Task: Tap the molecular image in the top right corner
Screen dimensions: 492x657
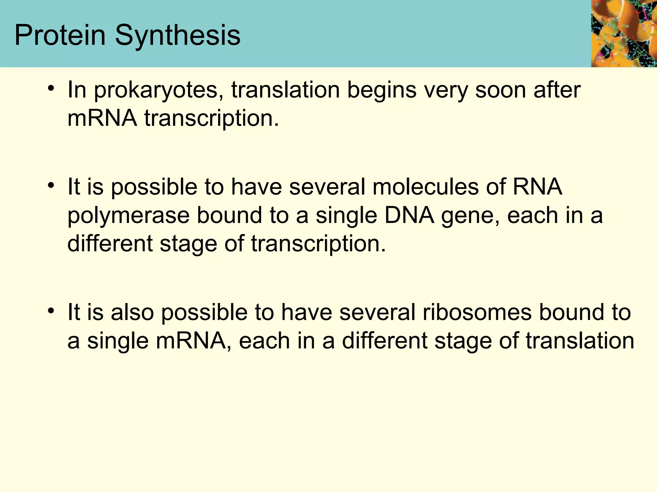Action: pos(624,33)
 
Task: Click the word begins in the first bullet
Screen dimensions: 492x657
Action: pos(382,91)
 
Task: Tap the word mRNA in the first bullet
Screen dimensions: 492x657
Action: pos(102,118)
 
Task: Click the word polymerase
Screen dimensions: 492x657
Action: pos(129,216)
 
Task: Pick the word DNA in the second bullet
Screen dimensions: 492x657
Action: pos(409,215)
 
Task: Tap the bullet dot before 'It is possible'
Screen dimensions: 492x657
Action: pos(50,185)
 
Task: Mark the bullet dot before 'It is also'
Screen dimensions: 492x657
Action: pos(50,311)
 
